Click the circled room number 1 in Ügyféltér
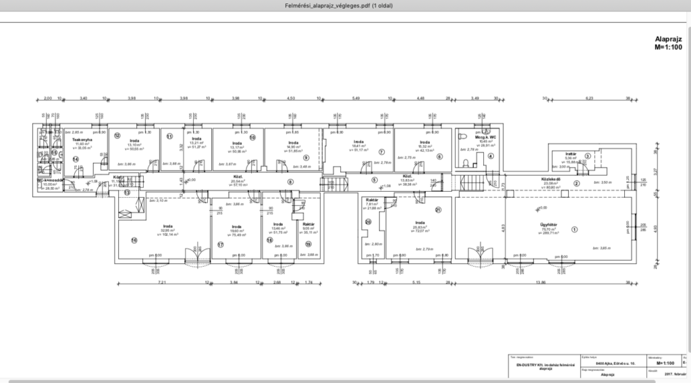(575, 229)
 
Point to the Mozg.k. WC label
(487, 137)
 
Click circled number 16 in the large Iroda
(134, 240)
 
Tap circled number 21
(438, 210)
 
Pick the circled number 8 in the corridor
(291, 181)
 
